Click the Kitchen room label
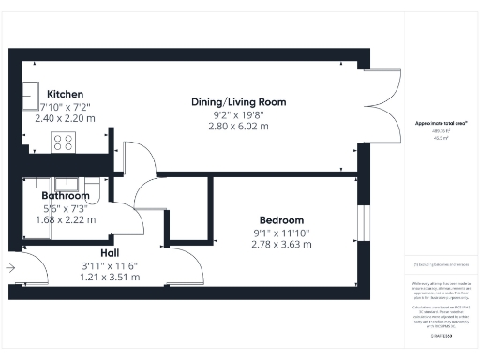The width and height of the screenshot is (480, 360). pos(66,94)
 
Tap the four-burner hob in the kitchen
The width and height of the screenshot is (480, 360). pos(63,142)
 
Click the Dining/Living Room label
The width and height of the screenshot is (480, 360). pos(238,101)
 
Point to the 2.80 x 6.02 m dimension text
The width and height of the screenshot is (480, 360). pos(238,126)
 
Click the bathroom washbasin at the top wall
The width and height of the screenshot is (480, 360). pos(67,185)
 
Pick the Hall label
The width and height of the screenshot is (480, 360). pos(109,253)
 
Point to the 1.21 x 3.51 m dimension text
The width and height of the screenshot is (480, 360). pos(109,277)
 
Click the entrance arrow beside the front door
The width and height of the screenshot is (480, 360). pos(10,268)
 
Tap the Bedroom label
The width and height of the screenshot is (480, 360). pos(281,220)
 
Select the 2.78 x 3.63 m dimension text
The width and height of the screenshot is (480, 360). pos(281,244)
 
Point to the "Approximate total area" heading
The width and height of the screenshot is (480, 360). pos(440,124)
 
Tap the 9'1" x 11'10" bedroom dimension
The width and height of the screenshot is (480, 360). pos(281,232)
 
